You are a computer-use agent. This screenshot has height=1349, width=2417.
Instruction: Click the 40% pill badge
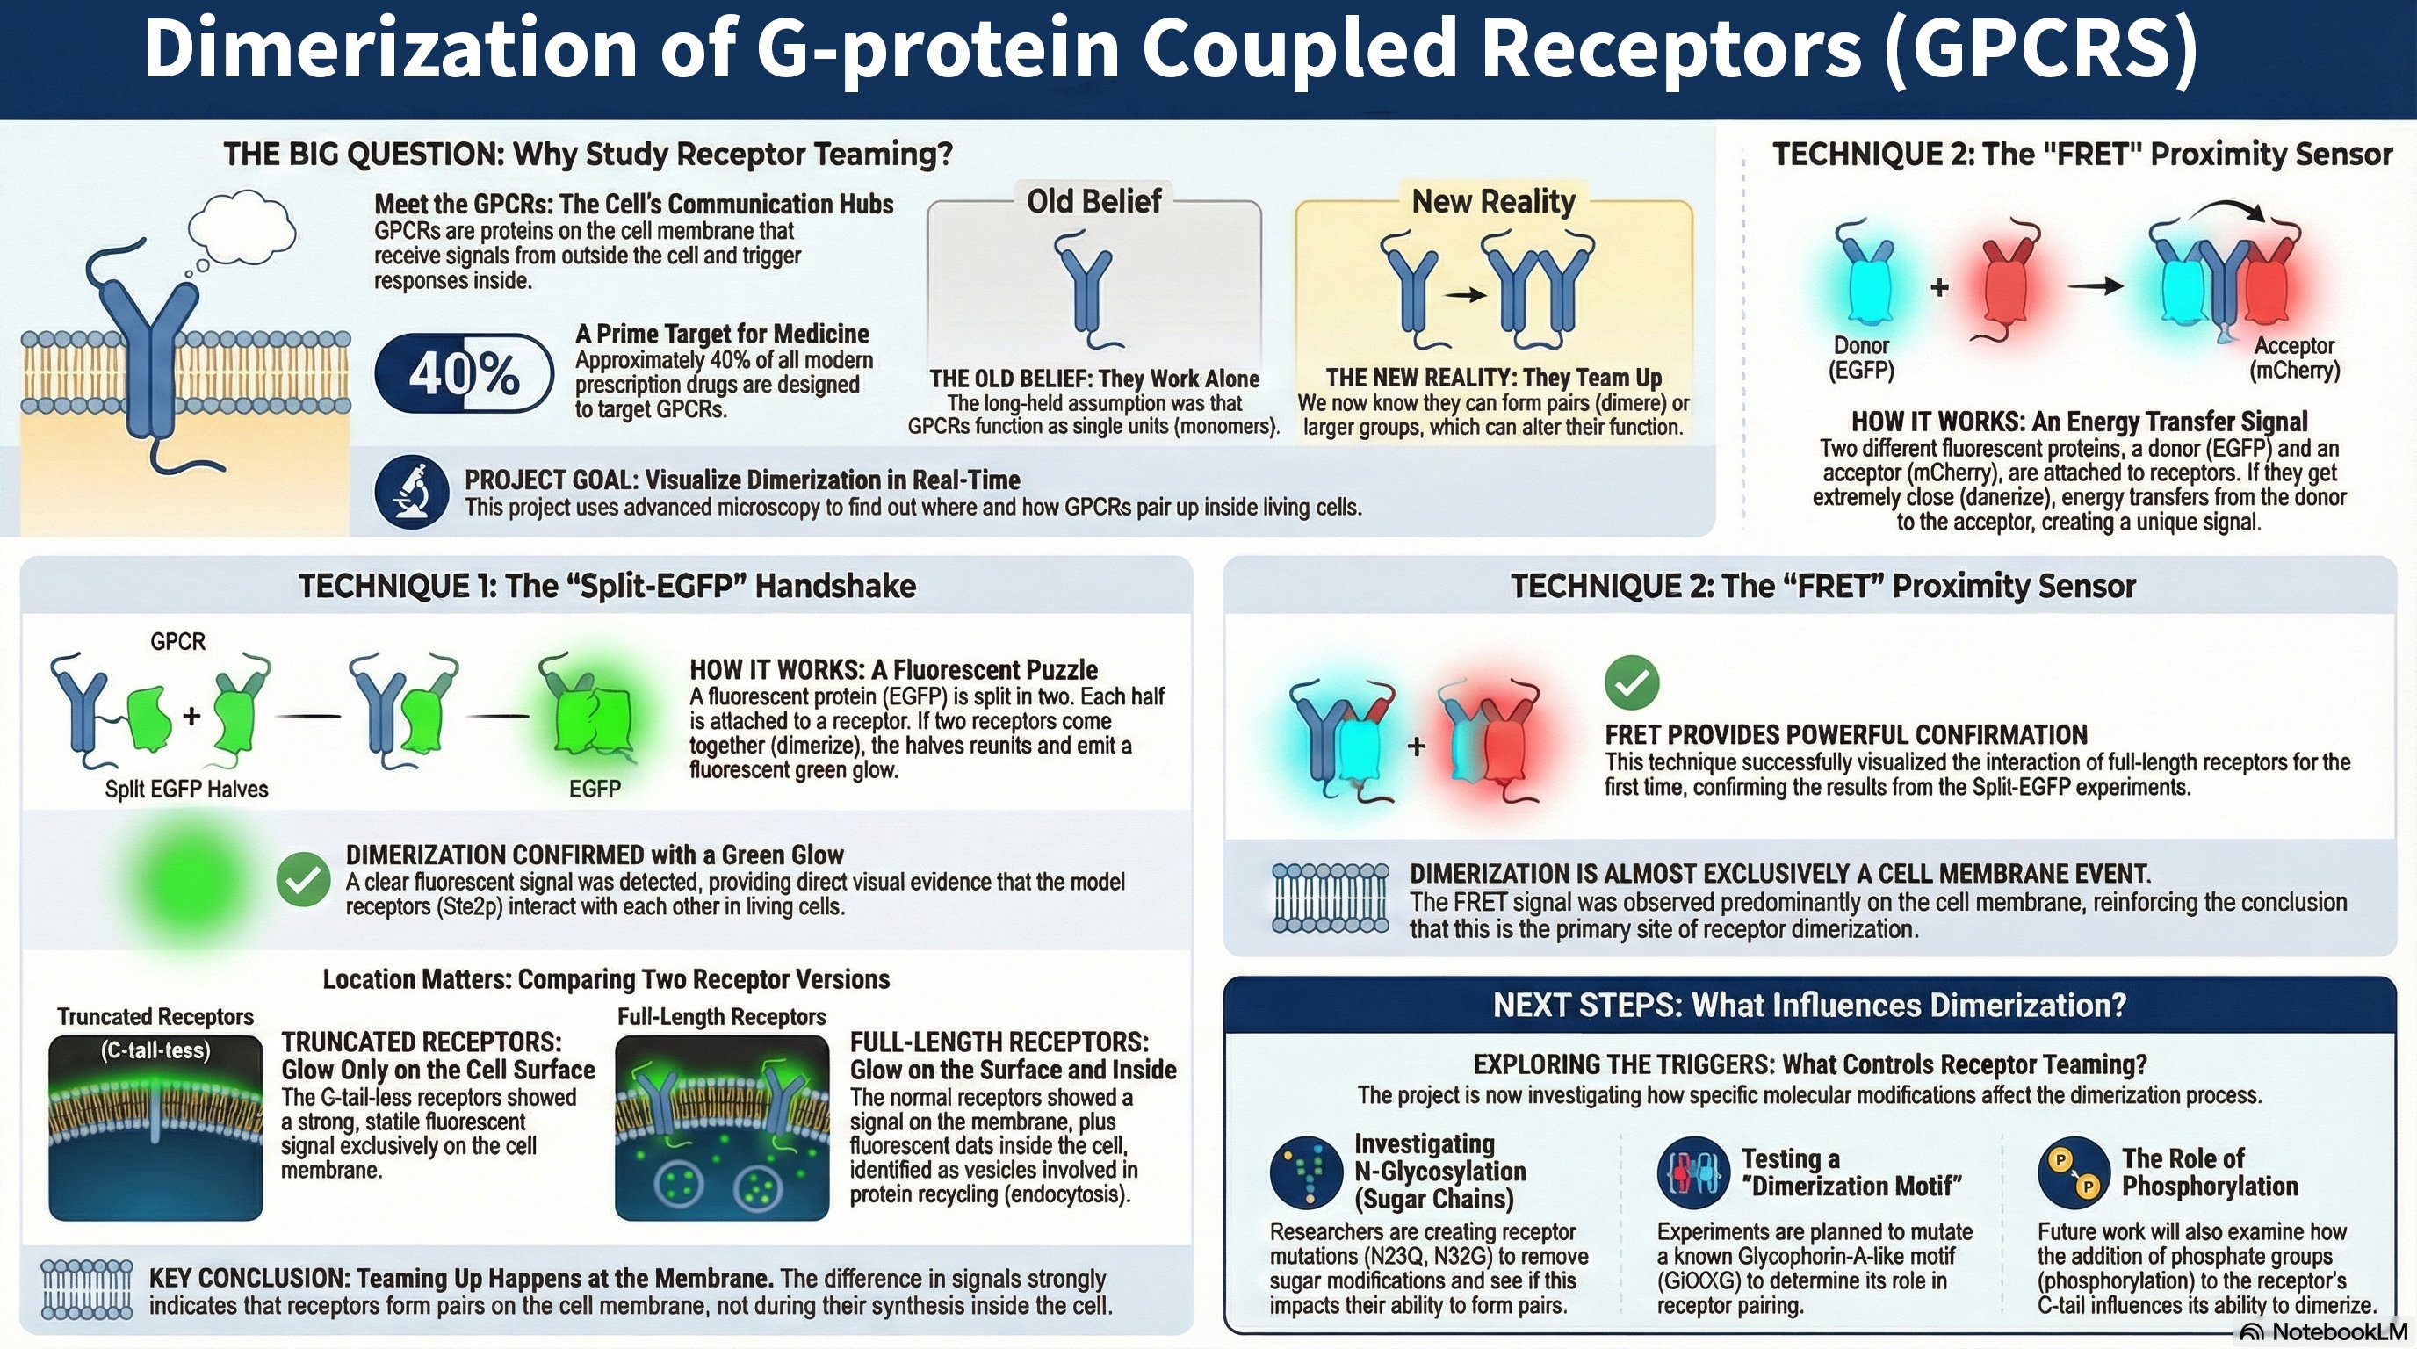click(x=464, y=373)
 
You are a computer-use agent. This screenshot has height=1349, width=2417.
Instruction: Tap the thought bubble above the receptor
click(x=242, y=226)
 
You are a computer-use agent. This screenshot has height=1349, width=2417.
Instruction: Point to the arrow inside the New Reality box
click(x=1464, y=294)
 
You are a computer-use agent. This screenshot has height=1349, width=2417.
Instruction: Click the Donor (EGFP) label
click(x=1860, y=357)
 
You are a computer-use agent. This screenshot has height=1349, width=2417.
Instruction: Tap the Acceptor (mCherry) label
click(x=2294, y=357)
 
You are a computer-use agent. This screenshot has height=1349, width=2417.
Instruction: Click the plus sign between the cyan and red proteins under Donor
click(x=1939, y=287)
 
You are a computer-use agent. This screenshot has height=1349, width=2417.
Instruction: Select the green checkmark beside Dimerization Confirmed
click(x=303, y=879)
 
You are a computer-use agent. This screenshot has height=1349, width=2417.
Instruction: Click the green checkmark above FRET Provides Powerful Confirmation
click(x=1632, y=682)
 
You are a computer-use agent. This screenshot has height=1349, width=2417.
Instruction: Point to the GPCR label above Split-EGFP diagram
click(x=177, y=642)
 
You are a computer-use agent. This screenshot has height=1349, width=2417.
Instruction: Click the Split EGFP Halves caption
click(x=186, y=789)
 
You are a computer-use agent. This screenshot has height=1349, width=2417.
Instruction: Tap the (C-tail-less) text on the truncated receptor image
click(x=155, y=1050)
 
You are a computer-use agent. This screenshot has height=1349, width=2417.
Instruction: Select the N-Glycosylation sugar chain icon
click(x=1305, y=1172)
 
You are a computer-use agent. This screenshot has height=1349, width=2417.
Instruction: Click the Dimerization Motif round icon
click(x=1692, y=1172)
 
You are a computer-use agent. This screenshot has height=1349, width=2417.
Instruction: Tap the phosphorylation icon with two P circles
click(x=2074, y=1172)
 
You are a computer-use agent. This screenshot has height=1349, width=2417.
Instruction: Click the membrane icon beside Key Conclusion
click(x=86, y=1290)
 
